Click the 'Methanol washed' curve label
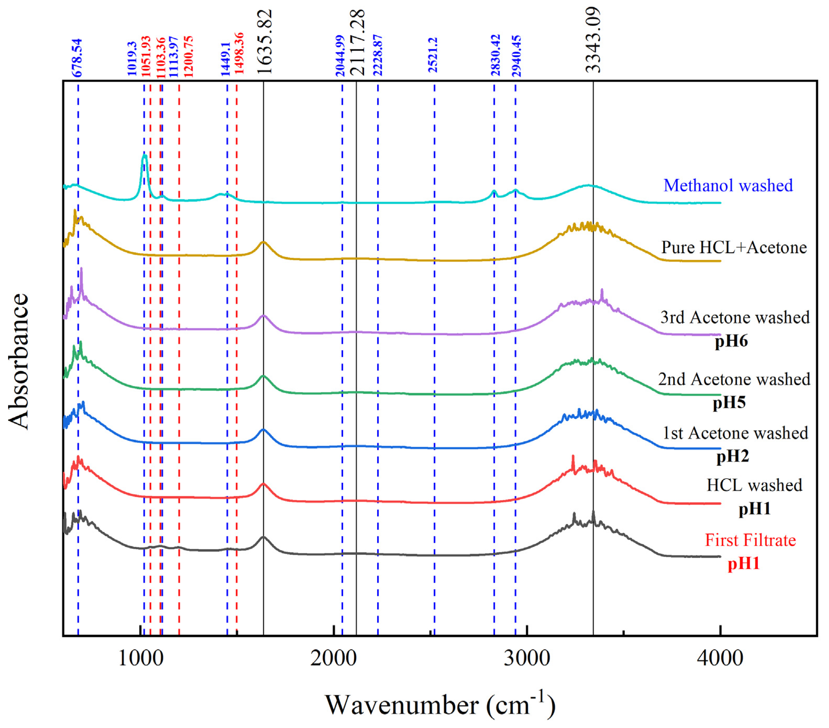pyautogui.click(x=728, y=186)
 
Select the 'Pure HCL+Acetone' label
pyautogui.click(x=734, y=247)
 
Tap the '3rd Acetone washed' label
pyautogui.click(x=735, y=317)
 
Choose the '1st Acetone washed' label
pyautogui.click(x=735, y=433)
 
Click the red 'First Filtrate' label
pyautogui.click(x=750, y=540)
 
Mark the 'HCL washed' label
pyautogui.click(x=754, y=485)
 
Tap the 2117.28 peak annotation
pyautogui.click(x=357, y=43)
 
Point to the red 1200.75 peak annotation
pyautogui.click(x=188, y=57)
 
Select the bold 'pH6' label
pyautogui.click(x=731, y=341)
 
